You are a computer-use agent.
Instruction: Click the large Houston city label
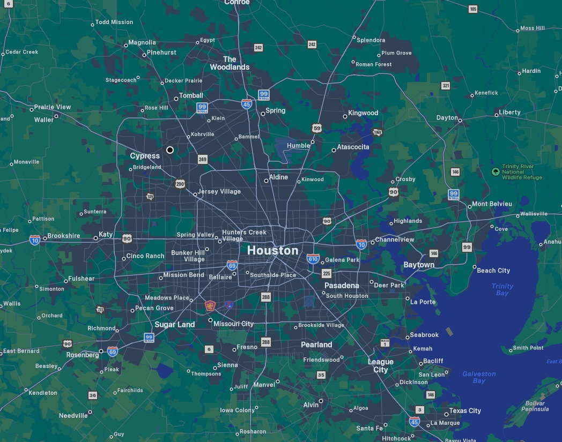(x=272, y=250)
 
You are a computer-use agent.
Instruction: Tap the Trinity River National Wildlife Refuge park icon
(x=496, y=171)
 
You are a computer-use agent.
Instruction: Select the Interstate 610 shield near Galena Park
(x=313, y=259)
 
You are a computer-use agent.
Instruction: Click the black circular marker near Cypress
(x=170, y=150)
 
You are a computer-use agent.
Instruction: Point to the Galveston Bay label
(x=479, y=377)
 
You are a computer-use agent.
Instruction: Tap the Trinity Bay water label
(x=502, y=289)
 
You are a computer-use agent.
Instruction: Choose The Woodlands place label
(x=230, y=63)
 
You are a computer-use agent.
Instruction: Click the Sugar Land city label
(x=175, y=324)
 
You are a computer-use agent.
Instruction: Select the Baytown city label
(x=419, y=265)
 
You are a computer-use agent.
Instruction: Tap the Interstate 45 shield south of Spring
(x=247, y=104)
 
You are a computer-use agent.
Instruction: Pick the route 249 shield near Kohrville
(x=202, y=159)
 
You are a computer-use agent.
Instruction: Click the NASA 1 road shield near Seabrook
(x=385, y=343)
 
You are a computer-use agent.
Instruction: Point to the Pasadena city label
(x=342, y=285)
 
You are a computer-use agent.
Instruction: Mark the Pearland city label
(x=316, y=344)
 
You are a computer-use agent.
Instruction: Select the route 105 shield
(x=472, y=9)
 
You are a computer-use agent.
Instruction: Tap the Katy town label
(x=106, y=235)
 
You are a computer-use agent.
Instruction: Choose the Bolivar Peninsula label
(x=535, y=406)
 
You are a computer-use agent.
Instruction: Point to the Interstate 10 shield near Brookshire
(x=35, y=239)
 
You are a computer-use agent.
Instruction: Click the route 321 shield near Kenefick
(x=446, y=86)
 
